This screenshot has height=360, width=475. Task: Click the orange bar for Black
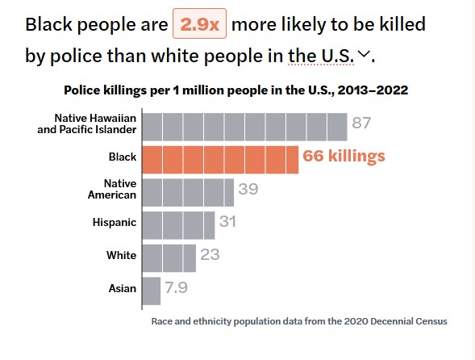(x=220, y=160)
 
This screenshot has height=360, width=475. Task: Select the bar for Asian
(x=152, y=291)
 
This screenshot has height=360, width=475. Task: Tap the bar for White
(x=169, y=258)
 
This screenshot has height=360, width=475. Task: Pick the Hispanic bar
(x=179, y=225)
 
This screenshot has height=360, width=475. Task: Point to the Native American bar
(x=188, y=193)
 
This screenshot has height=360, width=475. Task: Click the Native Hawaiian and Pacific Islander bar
(x=245, y=127)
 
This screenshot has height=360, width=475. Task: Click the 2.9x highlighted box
(x=200, y=23)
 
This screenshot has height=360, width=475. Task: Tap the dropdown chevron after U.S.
(x=364, y=54)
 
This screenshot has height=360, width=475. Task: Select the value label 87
(x=361, y=123)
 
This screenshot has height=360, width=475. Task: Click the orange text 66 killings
(x=344, y=156)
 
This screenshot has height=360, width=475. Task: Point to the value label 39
(x=248, y=189)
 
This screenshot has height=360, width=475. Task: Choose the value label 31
(x=227, y=221)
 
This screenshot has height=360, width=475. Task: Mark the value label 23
(x=210, y=254)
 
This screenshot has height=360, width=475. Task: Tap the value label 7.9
(x=177, y=287)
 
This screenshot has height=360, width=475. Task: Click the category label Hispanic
(x=115, y=223)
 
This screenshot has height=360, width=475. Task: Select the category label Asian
(x=123, y=288)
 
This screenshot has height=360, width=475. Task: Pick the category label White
(x=122, y=255)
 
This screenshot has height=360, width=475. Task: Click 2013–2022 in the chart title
(x=373, y=90)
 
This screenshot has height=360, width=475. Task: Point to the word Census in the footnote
(x=431, y=321)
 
